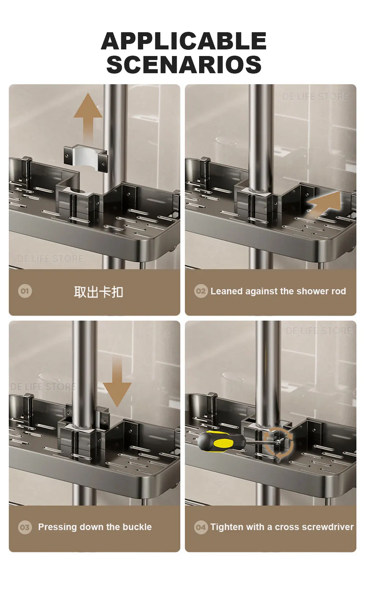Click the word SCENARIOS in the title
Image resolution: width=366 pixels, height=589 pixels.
pos(184,64)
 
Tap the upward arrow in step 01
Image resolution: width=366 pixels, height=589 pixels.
pos(88,118)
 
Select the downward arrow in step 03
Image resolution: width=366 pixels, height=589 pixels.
pos(117,381)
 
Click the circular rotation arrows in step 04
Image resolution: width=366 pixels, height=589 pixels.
pos(278,443)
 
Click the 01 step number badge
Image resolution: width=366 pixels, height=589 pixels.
pos(25,291)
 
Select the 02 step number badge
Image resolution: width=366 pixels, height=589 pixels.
pos(201,291)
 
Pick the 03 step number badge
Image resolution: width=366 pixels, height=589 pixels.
pos(25,527)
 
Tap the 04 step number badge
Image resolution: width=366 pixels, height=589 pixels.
pos(201,527)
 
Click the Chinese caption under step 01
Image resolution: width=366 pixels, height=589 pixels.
pos(98,292)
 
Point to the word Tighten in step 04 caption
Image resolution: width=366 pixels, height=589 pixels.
pos(224,527)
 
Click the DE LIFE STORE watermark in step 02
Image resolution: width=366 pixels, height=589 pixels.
pos(315,97)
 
